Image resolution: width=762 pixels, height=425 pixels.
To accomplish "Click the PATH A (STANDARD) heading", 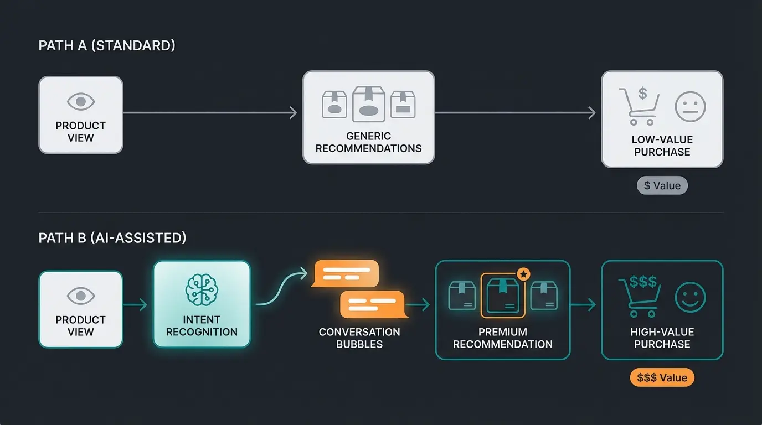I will (107, 45).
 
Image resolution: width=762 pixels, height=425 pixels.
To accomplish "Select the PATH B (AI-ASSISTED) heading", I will (112, 238).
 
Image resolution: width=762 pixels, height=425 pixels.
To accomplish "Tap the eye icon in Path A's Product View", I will (81, 102).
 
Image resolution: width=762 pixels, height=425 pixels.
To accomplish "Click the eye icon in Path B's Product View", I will (81, 296).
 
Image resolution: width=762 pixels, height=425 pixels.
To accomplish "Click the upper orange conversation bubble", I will (346, 273).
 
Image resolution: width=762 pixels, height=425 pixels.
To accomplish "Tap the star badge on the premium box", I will (523, 274).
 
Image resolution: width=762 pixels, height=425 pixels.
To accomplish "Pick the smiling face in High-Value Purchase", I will (690, 297).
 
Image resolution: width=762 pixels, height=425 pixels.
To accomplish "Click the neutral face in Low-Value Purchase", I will (690, 107).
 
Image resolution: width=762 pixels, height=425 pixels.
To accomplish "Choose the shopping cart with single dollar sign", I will (639, 106).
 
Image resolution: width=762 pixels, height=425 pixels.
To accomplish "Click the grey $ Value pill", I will (662, 185).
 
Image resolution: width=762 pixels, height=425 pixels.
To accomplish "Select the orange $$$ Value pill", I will (662, 378).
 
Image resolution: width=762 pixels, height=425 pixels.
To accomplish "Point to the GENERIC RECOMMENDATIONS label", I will (368, 142).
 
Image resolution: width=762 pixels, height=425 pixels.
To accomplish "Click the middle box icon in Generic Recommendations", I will (369, 104).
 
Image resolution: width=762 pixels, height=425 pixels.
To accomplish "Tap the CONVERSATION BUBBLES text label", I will (359, 338).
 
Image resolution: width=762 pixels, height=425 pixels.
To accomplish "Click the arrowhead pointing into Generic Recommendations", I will (294, 113).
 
